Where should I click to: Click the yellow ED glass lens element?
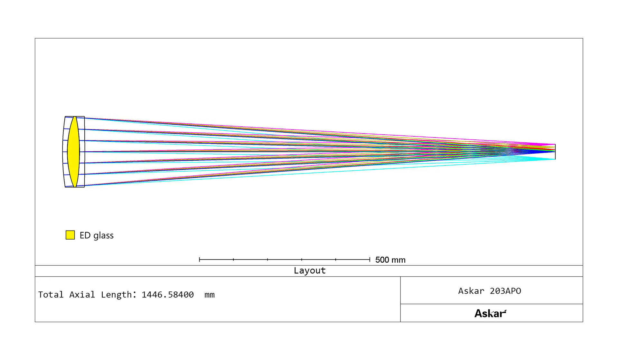pyautogui.click(x=73, y=152)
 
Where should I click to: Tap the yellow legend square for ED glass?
pyautogui.click(x=70, y=235)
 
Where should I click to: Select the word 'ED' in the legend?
pyautogui.click(x=85, y=235)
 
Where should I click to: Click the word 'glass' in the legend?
pyautogui.click(x=103, y=236)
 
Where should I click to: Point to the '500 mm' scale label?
pyautogui.click(x=390, y=260)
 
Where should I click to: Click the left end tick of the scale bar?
pyautogui.click(x=200, y=260)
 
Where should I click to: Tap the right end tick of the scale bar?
pyautogui.click(x=370, y=260)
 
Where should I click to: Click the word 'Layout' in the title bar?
pyautogui.click(x=310, y=270)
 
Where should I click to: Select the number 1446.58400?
pyautogui.click(x=168, y=295)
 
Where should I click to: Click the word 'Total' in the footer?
pyautogui.click(x=51, y=295)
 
